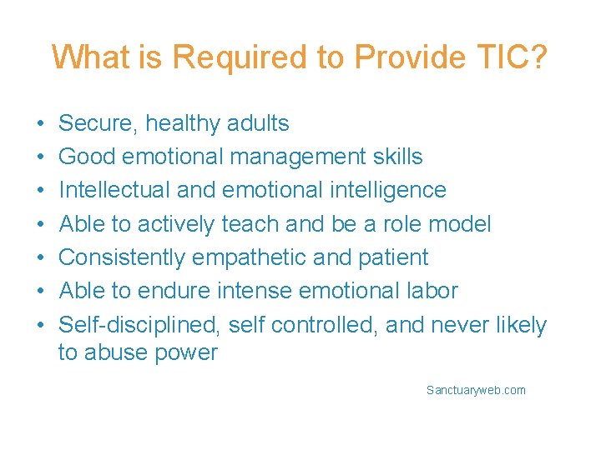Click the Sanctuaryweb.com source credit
476,390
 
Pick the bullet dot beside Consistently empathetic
40,258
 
